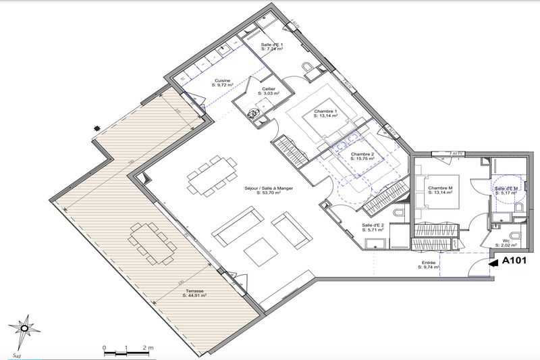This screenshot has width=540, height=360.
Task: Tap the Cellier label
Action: [268, 88]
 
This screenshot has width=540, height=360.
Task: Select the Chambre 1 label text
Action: [325, 111]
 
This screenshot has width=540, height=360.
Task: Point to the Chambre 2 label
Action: [362, 153]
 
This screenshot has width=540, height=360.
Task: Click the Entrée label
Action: [427, 263]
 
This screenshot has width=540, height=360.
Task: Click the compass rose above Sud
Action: [25, 329]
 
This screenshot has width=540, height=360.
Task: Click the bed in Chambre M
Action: [439, 196]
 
